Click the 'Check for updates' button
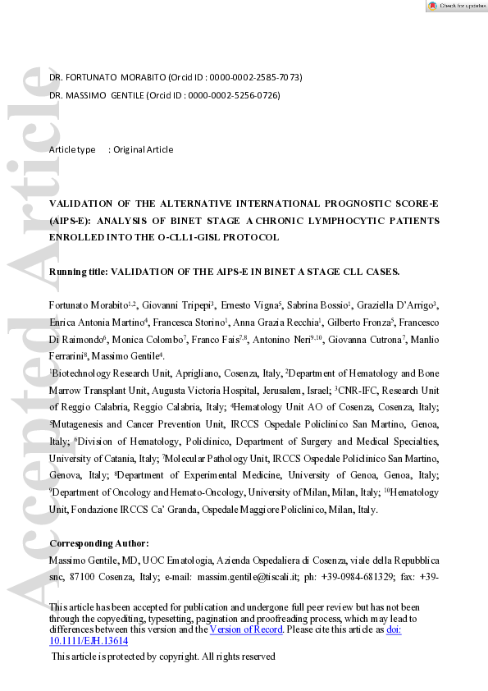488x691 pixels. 456,6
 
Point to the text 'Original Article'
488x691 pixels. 143,149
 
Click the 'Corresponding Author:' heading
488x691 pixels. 99,543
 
